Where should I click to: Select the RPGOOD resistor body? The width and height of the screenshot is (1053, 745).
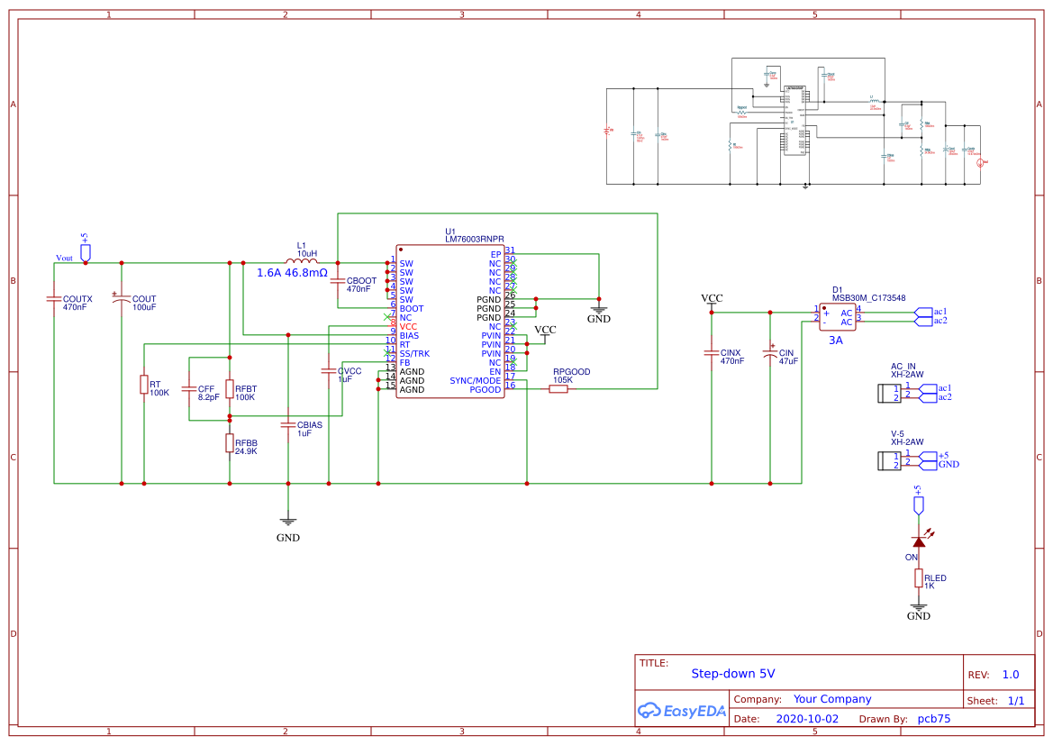[558, 389]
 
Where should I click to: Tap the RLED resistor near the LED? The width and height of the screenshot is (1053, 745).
[918, 577]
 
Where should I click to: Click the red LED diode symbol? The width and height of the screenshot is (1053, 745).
[918, 541]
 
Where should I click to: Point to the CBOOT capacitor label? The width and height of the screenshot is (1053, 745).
[360, 281]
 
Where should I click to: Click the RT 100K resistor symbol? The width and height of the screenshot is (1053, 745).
[143, 385]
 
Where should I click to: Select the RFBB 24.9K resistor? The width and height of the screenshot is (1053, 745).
[230, 442]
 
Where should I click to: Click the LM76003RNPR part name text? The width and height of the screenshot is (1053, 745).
[474, 240]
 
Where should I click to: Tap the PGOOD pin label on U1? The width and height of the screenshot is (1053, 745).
[486, 389]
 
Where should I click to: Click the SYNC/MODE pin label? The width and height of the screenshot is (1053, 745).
[475, 380]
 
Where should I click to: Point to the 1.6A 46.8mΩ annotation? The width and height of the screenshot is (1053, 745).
[292, 272]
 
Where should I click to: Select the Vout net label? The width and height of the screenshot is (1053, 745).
[64, 258]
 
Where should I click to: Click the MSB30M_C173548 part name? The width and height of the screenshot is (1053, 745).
[868, 297]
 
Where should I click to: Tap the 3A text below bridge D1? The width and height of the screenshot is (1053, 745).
[835, 341]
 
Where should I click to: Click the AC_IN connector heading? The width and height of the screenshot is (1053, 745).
[903, 367]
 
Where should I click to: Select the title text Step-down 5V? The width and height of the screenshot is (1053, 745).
[732, 673]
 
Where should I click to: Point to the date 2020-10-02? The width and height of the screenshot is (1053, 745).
[806, 719]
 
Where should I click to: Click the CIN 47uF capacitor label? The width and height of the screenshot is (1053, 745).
[786, 353]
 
